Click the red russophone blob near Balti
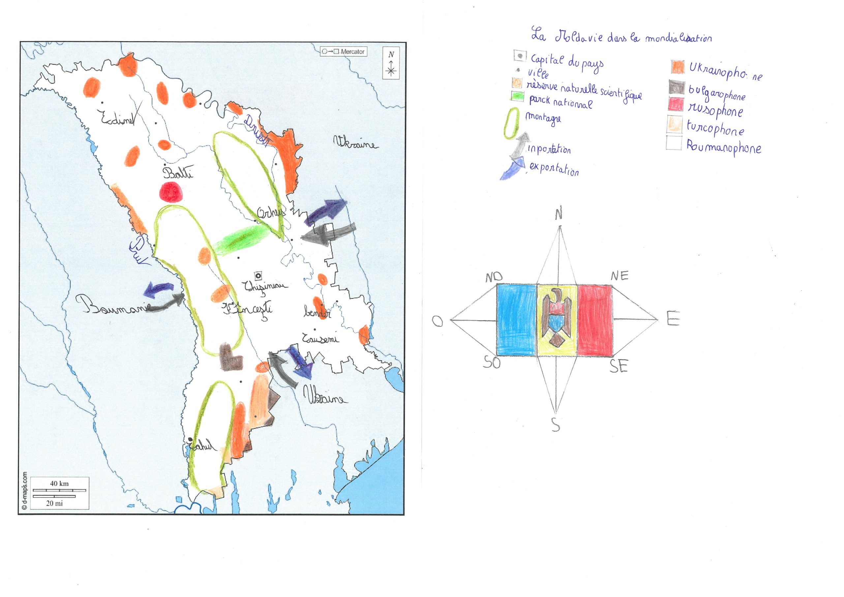[170, 192]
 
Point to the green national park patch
[240, 239]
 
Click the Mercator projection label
[344, 51]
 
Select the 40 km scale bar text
[59, 483]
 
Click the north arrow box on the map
[391, 63]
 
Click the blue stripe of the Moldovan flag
[517, 320]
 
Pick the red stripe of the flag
[595, 320]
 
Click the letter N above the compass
[559, 214]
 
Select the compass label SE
[619, 367]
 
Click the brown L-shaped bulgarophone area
[230, 358]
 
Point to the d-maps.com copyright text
[24, 491]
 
